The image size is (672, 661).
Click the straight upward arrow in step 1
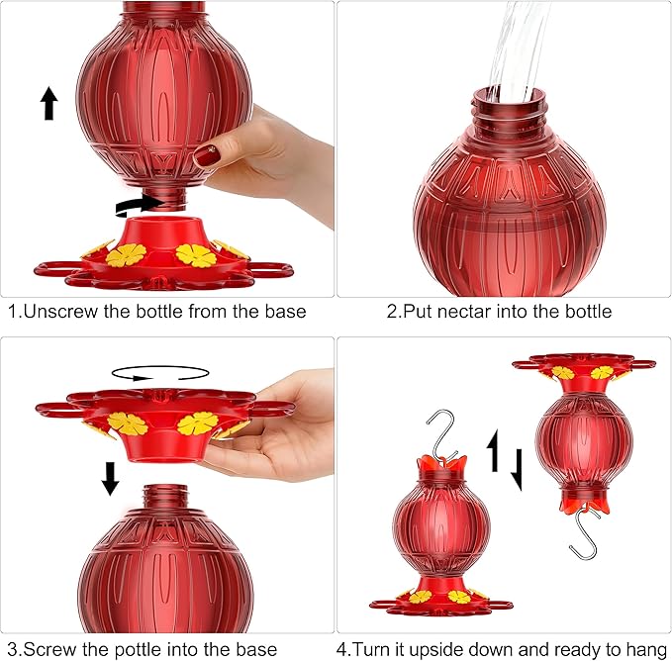[x=49, y=103]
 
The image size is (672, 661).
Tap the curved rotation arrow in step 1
[x=140, y=206]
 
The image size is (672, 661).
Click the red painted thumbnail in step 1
[x=208, y=155]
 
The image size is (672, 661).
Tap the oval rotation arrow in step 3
[x=160, y=373]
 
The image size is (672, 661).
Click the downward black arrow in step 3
[x=110, y=479]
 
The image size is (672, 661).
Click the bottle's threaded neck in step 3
[x=165, y=498]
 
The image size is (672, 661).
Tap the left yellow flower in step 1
[x=126, y=255]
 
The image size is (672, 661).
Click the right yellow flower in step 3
[x=198, y=424]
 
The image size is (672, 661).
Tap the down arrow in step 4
[x=518, y=469]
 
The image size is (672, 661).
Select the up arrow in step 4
[x=493, y=450]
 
